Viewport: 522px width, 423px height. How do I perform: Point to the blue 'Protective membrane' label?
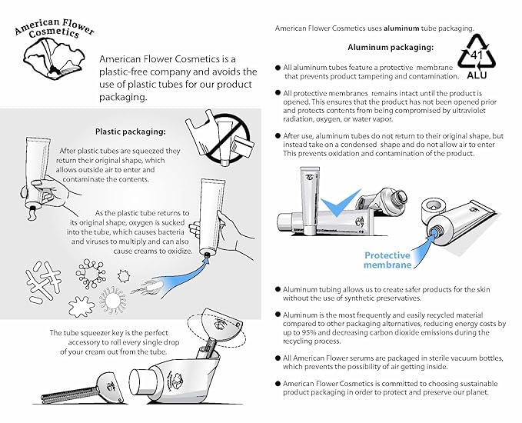tap(388, 260)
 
